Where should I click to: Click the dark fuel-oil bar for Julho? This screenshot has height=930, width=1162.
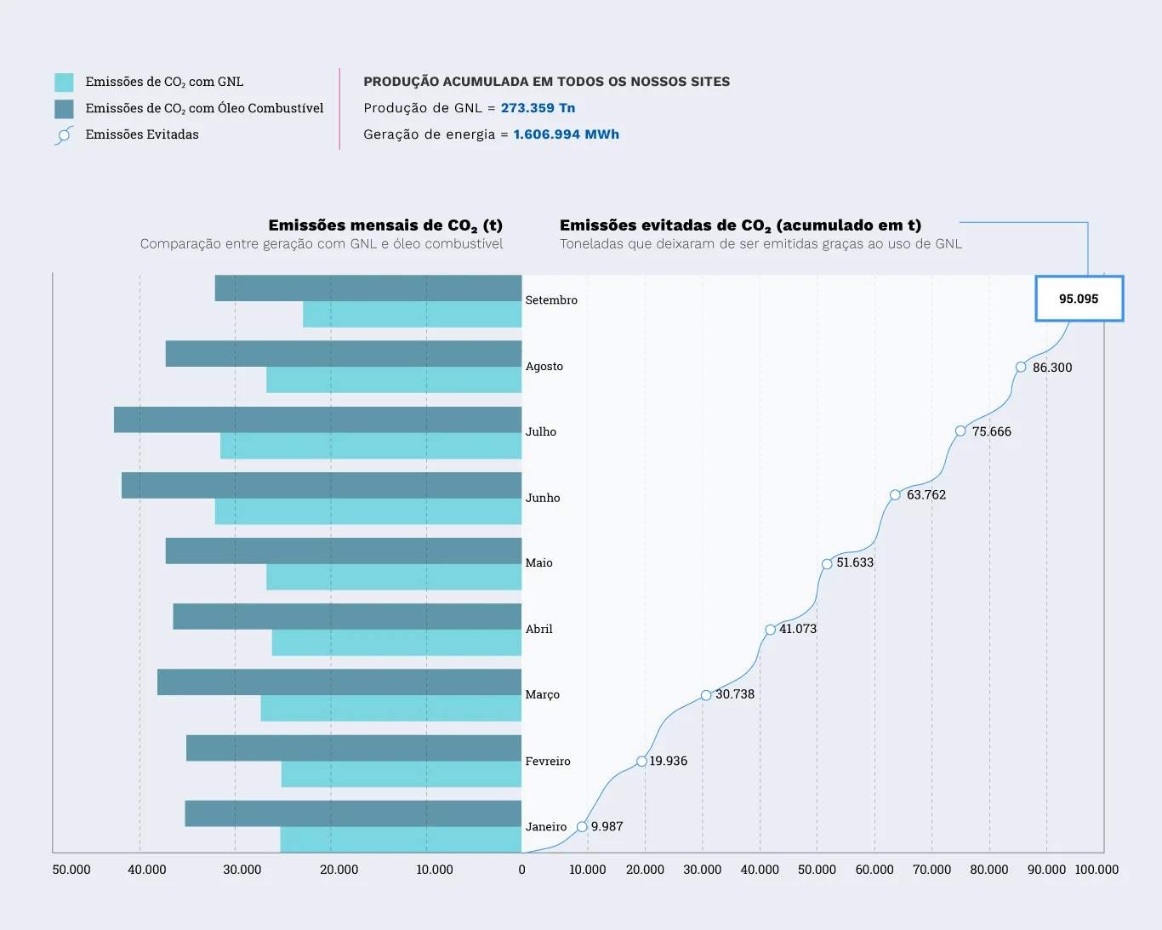point(317,419)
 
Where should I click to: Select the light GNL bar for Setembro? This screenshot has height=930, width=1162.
point(412,315)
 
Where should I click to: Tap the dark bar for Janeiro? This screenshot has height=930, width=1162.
point(353,813)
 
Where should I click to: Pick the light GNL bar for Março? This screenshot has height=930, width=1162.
point(390,709)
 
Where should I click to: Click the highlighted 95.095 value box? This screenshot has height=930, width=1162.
point(1079,299)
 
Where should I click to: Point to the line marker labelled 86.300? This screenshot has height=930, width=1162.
point(1021,368)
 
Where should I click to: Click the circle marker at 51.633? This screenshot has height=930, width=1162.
point(827,564)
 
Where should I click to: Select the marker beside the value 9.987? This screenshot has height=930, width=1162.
point(582,827)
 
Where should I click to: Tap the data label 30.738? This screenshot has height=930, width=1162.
point(735,694)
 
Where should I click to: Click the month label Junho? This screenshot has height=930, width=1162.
point(543,498)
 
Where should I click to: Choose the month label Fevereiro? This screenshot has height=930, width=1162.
point(548,762)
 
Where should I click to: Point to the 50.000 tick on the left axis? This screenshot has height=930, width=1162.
point(71,870)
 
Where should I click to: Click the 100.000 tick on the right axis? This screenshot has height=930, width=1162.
point(1096,870)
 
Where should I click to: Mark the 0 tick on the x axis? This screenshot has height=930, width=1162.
point(521,870)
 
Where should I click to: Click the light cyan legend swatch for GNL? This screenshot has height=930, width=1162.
point(64,83)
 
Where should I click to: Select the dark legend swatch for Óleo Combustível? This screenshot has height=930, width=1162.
point(64,109)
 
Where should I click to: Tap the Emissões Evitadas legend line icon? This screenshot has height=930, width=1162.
point(64,135)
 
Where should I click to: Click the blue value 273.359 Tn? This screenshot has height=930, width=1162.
point(538,108)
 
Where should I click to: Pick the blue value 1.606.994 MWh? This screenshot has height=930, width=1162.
point(566,134)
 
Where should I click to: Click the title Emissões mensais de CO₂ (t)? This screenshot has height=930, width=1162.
point(385,225)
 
